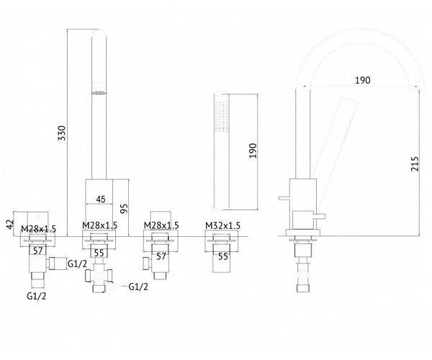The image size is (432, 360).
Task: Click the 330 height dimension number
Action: point(63,133)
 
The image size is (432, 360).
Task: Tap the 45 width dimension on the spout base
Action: point(101,199)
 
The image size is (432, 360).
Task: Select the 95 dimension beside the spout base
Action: point(125,208)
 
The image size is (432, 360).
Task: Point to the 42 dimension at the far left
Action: point(10,224)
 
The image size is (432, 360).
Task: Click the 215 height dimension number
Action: point(415,164)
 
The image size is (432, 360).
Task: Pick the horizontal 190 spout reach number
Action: point(363,80)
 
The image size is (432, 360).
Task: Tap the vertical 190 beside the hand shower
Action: point(253,150)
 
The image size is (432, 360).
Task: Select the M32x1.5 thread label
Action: point(223,225)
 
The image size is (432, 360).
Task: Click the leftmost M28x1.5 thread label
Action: point(39,229)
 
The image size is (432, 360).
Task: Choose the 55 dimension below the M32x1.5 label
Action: point(223,256)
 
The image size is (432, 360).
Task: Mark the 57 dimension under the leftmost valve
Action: point(38,251)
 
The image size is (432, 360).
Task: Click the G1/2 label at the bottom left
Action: point(37,296)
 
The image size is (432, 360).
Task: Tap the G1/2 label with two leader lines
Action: point(138,287)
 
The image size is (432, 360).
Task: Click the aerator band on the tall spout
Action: point(99,93)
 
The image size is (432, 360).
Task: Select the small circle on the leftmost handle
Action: point(37,218)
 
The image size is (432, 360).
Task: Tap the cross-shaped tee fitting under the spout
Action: point(99,276)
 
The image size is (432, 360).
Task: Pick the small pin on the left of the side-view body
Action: point(284,198)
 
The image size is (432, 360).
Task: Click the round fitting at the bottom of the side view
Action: point(303,275)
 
